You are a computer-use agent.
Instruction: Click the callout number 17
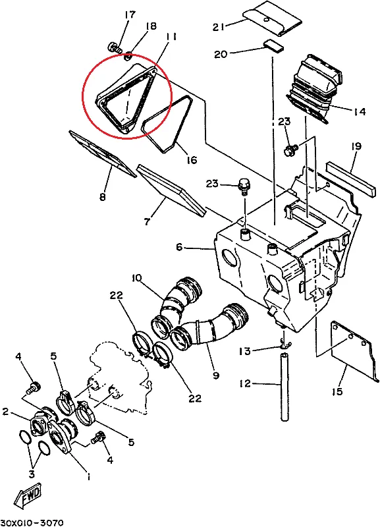pos(129,14)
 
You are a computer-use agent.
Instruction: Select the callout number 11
pos(171,38)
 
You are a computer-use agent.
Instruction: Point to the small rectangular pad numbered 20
pos(272,45)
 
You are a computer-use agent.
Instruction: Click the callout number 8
pos(101,196)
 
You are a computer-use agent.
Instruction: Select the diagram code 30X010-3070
pos(32,520)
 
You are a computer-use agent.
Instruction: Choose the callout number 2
pos(5,412)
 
